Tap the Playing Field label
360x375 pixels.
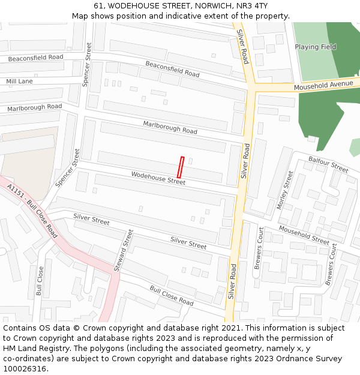[315, 47]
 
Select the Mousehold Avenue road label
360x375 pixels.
[323, 86]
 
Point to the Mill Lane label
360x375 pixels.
[20, 81]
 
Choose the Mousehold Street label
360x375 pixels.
[304, 235]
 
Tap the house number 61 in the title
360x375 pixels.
[98, 6]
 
